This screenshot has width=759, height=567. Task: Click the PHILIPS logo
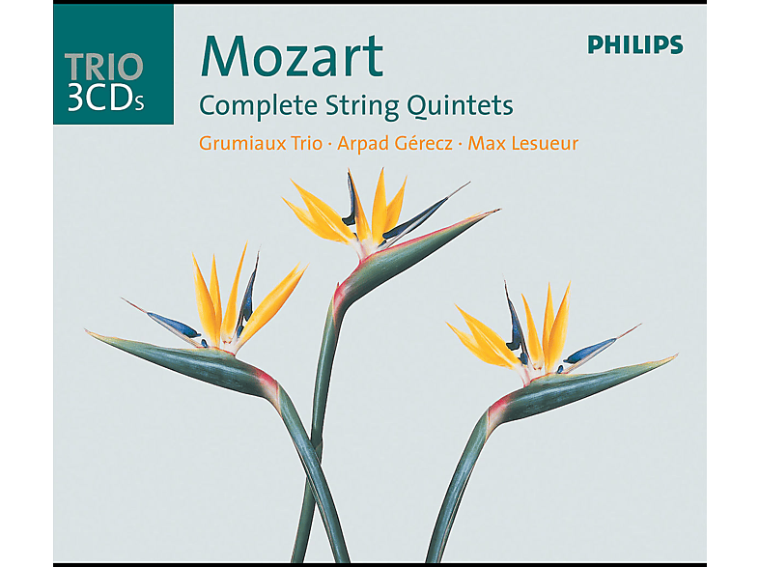(x=635, y=44)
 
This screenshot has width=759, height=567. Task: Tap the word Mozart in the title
(x=292, y=56)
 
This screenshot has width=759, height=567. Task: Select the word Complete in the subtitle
(x=259, y=106)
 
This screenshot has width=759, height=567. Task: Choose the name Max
(x=485, y=143)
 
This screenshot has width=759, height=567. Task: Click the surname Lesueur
(x=543, y=143)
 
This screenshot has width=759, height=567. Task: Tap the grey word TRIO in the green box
(x=104, y=67)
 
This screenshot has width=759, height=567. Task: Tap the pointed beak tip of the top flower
(x=498, y=211)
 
